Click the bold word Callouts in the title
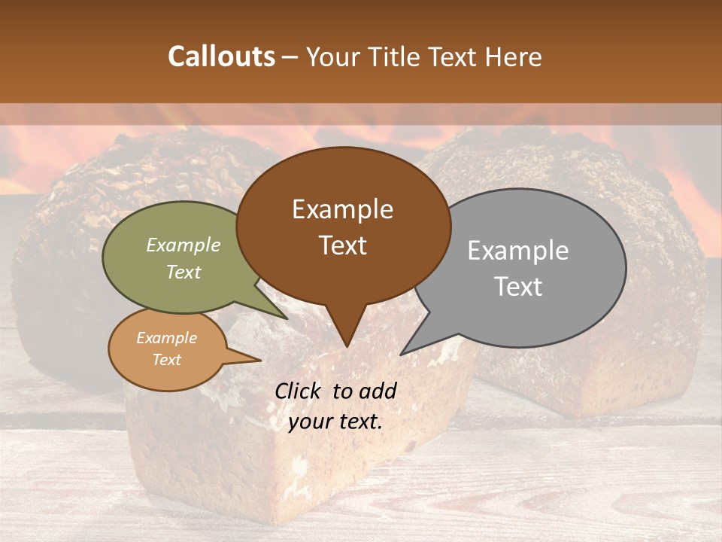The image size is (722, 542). [221, 56]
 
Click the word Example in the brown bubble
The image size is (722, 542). [342, 209]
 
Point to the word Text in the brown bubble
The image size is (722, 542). [342, 245]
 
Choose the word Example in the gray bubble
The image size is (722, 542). [517, 251]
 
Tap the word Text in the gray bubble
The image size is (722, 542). [517, 287]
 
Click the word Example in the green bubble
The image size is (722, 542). [183, 245]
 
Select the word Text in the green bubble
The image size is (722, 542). [183, 272]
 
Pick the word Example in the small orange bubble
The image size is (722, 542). [166, 338]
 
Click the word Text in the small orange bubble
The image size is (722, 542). [166, 360]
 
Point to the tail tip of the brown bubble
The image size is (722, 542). [346, 346]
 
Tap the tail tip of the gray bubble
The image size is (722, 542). [402, 354]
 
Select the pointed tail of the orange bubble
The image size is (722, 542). [259, 360]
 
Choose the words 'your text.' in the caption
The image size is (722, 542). [335, 422]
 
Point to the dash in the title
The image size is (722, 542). [290, 57]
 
